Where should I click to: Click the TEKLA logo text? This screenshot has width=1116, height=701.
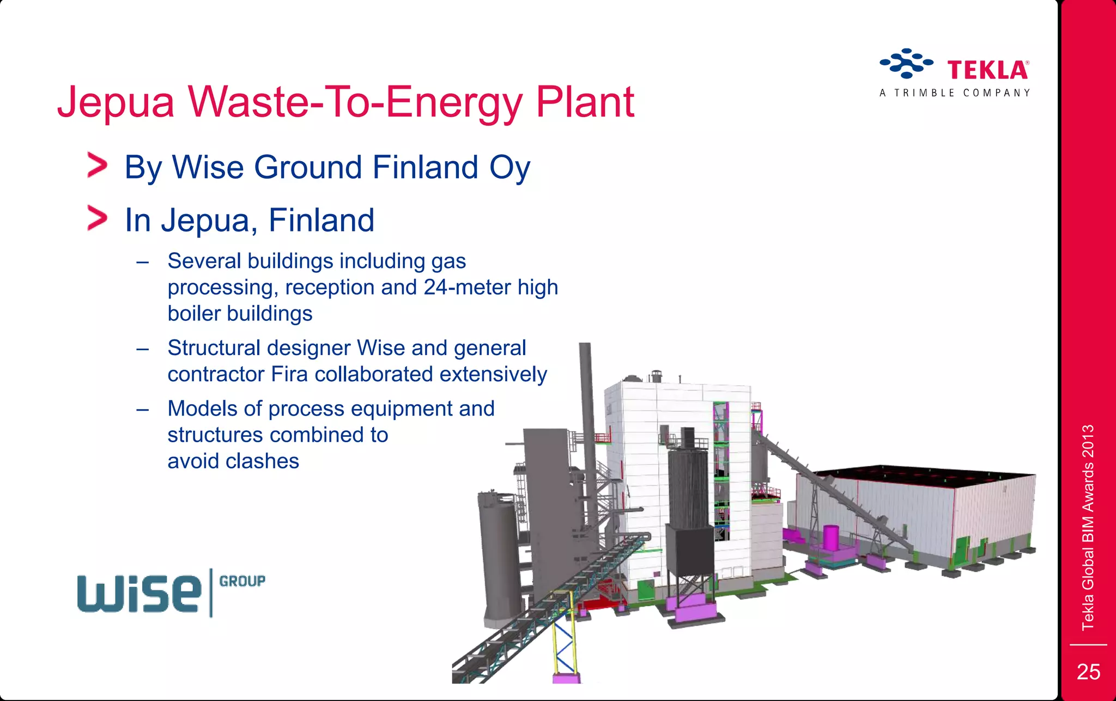[x=987, y=71]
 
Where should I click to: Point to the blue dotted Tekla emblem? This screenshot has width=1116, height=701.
[x=906, y=63]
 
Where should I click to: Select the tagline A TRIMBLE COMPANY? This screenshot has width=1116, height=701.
[x=955, y=93]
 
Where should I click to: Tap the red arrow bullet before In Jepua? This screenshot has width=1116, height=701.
[x=97, y=218]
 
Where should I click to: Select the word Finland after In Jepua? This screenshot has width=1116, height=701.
[x=321, y=220]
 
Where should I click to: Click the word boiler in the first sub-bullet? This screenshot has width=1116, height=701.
[x=194, y=314]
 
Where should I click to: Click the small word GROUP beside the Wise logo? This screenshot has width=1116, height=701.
[x=242, y=581]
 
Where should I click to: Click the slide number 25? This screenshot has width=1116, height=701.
[x=1088, y=672]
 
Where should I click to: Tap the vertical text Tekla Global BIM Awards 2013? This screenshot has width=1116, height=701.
[x=1088, y=527]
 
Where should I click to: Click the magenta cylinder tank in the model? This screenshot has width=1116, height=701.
[x=831, y=538]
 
